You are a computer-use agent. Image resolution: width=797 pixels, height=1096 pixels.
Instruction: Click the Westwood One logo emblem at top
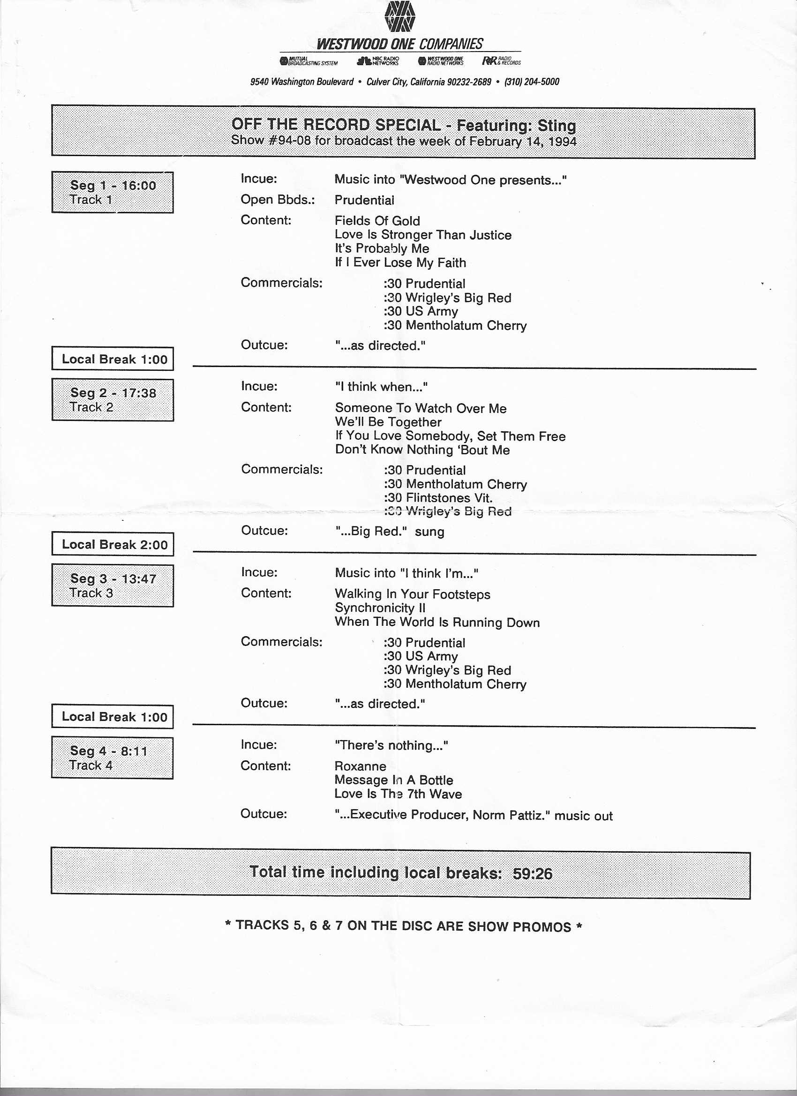400,17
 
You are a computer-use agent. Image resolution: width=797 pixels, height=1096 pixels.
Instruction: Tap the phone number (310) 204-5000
532,82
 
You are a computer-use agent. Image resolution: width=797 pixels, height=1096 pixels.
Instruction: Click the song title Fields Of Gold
377,221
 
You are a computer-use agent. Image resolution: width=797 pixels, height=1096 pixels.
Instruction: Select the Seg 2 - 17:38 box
113,400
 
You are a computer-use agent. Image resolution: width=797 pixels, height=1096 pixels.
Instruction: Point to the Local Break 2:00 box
113,545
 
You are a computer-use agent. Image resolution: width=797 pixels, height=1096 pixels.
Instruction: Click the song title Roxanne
360,766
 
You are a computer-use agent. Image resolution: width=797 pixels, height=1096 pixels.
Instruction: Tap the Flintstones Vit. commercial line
438,498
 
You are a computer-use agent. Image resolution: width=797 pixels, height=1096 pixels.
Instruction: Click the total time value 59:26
532,874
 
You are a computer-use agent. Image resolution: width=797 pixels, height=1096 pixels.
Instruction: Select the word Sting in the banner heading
556,126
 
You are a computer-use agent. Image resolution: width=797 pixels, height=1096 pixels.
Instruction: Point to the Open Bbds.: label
278,200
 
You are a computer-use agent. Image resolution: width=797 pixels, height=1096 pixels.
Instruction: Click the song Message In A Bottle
393,780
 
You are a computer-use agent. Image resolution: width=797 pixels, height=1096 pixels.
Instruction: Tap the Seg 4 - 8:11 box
112,758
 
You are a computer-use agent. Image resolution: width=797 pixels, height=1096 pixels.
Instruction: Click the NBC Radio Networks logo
378,61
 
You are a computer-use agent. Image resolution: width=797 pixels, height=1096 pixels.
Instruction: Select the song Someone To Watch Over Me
421,408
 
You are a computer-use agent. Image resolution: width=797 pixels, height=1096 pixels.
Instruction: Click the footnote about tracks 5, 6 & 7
403,926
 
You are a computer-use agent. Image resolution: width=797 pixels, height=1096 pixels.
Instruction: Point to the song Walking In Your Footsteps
412,594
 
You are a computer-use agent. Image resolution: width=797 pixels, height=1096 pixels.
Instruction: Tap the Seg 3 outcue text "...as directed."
380,704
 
